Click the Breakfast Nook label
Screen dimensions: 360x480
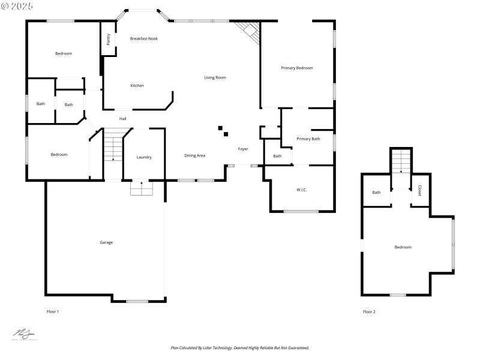(x=144, y=38)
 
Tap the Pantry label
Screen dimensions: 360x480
(x=108, y=39)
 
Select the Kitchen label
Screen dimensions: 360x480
(x=137, y=86)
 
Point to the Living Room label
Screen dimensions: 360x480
(x=215, y=77)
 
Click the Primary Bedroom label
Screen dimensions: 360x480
(x=297, y=68)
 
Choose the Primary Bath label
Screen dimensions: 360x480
(x=308, y=139)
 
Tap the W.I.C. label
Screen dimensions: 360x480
(x=302, y=190)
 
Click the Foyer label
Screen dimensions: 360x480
(x=243, y=149)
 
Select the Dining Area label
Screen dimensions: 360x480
(x=195, y=155)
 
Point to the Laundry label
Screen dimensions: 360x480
(x=144, y=157)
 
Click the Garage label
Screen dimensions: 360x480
(x=106, y=242)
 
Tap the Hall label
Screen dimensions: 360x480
(x=122, y=118)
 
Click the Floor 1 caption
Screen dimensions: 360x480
(x=53, y=311)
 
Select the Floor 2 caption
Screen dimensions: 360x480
(x=369, y=311)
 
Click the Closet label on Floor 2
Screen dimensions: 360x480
(x=419, y=190)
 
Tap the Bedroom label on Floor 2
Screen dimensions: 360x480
(x=403, y=247)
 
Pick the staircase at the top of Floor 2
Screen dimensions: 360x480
(x=401, y=161)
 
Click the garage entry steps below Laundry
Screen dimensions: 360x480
(x=142, y=188)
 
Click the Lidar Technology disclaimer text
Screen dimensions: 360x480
(x=240, y=347)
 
